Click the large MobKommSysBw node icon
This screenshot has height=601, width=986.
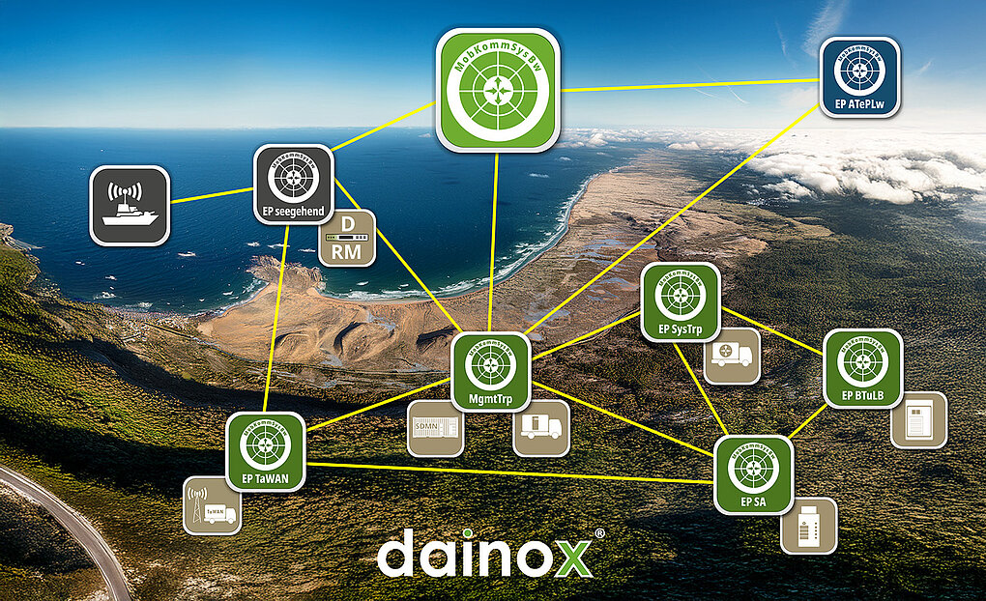click(x=498, y=90)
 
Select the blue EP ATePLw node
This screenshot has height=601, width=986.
click(x=859, y=77)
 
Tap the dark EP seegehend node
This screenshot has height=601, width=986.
click(x=294, y=185)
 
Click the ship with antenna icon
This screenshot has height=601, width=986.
click(x=130, y=205)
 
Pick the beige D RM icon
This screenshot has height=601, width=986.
click(x=346, y=238)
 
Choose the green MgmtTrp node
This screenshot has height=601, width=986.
click(x=491, y=372)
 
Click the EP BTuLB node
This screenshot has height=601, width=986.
click(x=862, y=368)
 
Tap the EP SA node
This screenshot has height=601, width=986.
click(x=753, y=473)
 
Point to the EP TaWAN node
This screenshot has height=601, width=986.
click(x=266, y=452)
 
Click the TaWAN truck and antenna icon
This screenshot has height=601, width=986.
click(x=212, y=505)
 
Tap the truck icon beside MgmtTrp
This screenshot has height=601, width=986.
click(x=540, y=427)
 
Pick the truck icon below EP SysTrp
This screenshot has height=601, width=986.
click(x=732, y=355)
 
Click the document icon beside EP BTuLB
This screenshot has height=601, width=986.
click(x=918, y=418)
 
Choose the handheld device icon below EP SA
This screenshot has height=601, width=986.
click(x=809, y=525)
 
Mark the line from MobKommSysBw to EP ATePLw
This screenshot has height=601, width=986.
click(x=691, y=85)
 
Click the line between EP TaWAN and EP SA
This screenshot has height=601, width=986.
click(x=512, y=472)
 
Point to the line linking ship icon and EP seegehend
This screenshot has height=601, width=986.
click(x=212, y=195)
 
